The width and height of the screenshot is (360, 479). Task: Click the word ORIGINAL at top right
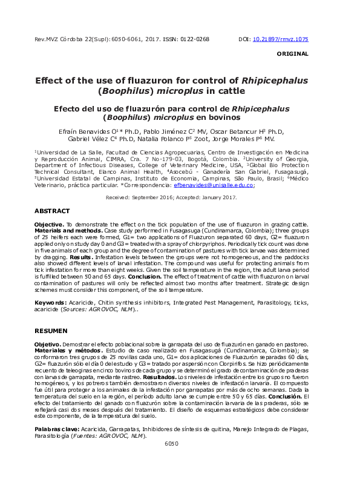(x=292, y=54)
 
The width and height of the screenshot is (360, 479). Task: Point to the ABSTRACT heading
(x=53, y=211)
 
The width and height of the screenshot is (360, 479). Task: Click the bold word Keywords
(x=50, y=302)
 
